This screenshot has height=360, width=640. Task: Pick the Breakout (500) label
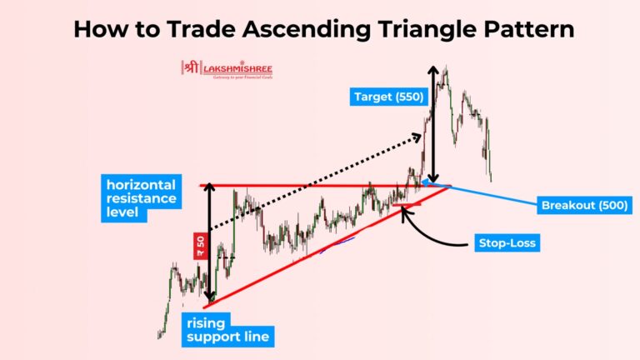584,204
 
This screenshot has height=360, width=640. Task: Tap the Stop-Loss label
507,243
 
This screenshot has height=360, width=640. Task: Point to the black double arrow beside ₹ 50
211,242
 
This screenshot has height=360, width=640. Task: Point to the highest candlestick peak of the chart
446,69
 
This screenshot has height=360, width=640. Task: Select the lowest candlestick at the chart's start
158,336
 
